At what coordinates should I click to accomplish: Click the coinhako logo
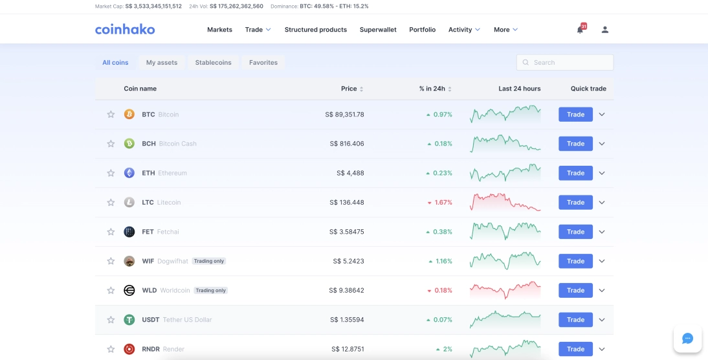[x=125, y=29]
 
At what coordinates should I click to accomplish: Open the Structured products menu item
[x=315, y=30]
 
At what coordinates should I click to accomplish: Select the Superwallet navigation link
[x=378, y=30]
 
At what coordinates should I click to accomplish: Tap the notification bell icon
[x=580, y=30]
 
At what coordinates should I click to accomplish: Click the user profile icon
[x=605, y=30]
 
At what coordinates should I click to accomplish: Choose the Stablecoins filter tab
[x=213, y=63]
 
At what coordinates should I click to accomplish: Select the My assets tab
[x=161, y=63]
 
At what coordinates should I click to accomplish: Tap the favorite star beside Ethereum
[x=111, y=173]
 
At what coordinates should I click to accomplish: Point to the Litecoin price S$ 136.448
[x=346, y=203]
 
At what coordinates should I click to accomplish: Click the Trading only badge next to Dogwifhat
[x=209, y=261]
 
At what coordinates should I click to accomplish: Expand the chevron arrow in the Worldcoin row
[x=602, y=291]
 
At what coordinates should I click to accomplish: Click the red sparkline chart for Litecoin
[x=505, y=201]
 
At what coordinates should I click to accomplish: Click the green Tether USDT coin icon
[x=129, y=320]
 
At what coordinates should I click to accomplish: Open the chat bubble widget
[x=687, y=339]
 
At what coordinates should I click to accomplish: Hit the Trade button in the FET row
[x=575, y=232]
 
